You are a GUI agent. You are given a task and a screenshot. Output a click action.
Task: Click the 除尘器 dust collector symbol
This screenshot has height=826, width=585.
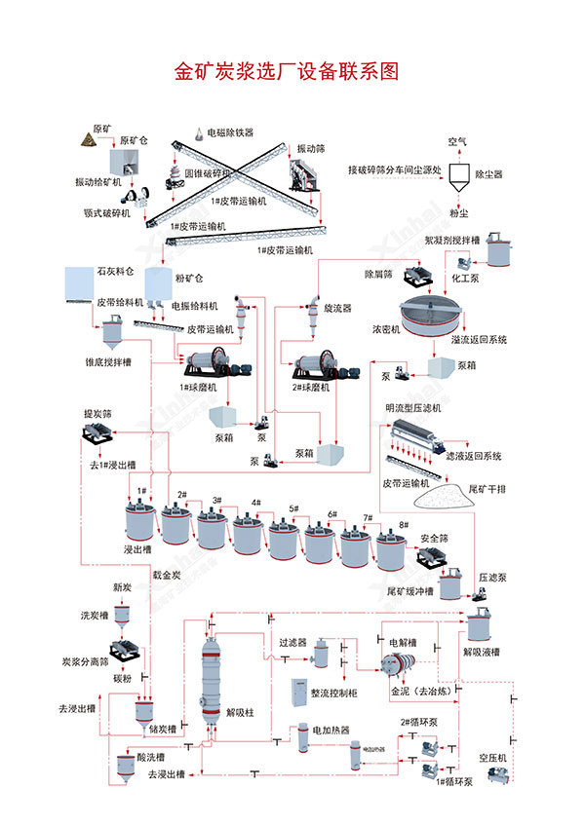pos(458,173)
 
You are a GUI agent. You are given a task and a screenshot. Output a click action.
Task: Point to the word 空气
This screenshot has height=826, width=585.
pos(457,140)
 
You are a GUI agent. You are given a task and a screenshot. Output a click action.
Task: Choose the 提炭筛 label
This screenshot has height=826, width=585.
pos(99,414)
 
